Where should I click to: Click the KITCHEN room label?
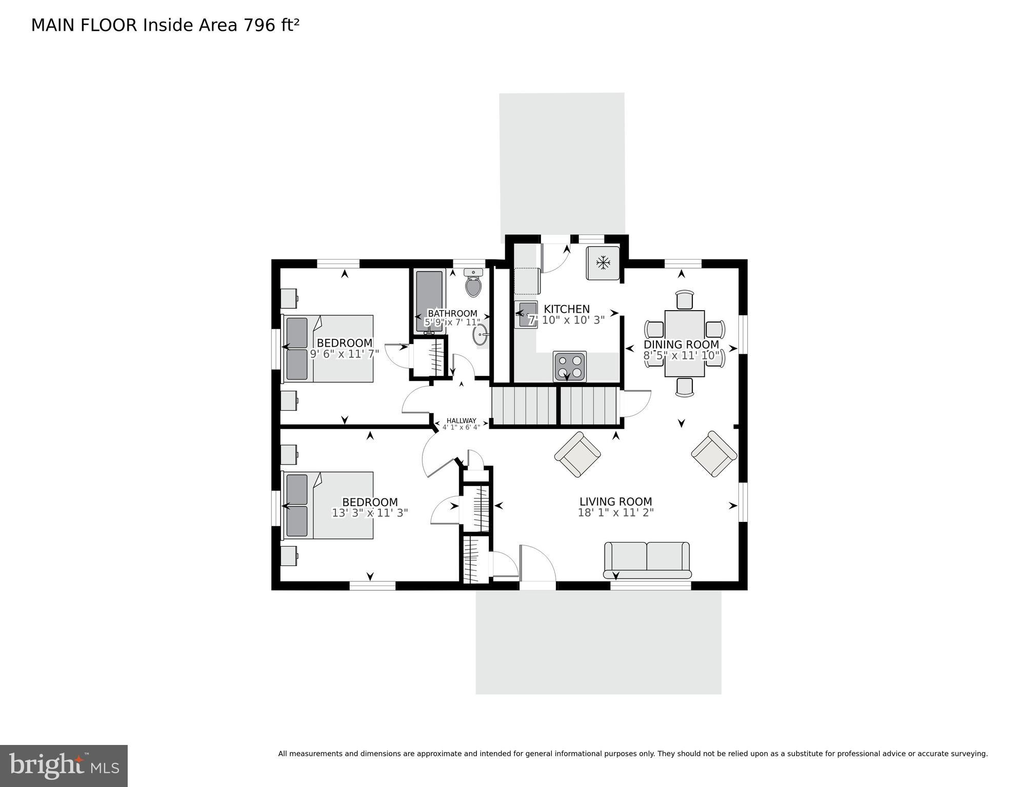click(566, 309)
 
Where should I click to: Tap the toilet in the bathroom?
click(473, 284)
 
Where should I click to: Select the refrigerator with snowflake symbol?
click(603, 263)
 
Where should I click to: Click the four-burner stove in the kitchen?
click(569, 366)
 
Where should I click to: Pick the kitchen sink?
click(526, 315)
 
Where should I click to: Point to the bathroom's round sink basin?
click(481, 336)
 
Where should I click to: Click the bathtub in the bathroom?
click(429, 300)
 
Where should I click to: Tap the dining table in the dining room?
click(684, 343)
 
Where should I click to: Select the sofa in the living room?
click(647, 559)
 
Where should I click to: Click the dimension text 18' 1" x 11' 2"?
click(615, 513)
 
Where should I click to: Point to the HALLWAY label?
click(461, 420)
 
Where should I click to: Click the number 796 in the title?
click(259, 25)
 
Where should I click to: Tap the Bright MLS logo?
click(64, 765)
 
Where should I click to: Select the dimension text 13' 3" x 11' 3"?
click(370, 513)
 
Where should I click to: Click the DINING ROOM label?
click(681, 345)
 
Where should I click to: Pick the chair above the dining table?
click(685, 299)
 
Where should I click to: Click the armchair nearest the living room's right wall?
click(714, 454)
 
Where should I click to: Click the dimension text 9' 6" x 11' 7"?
click(344, 354)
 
